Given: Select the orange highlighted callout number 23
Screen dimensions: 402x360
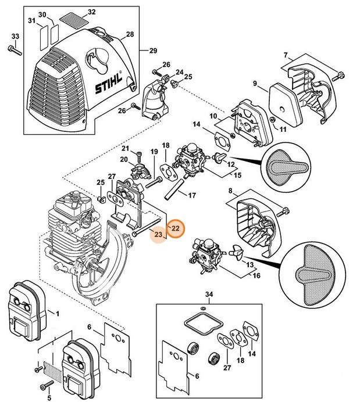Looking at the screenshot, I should [x=158, y=234].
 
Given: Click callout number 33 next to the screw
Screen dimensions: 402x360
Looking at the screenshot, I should [x=15, y=37].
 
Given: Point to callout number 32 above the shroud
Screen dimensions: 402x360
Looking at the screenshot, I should [x=91, y=12].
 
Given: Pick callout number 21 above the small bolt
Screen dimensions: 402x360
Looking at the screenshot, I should [x=124, y=149].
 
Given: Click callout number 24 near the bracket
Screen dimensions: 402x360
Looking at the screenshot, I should [x=180, y=71].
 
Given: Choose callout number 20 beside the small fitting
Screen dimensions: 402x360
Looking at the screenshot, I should [x=124, y=160].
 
